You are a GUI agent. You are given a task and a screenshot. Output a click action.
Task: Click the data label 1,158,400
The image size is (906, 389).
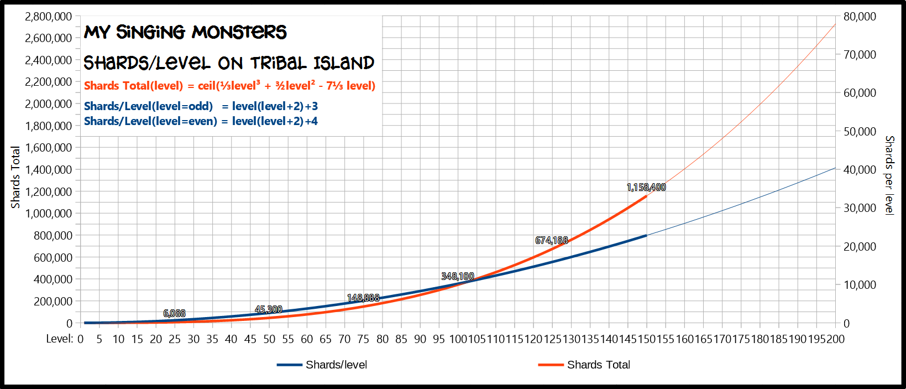tap(646, 188)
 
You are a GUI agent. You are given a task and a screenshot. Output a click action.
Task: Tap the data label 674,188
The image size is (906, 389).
tap(551, 241)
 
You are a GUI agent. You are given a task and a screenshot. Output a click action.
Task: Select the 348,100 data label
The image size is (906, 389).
tap(457, 277)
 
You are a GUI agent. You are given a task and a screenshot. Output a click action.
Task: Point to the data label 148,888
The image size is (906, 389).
tap(363, 298)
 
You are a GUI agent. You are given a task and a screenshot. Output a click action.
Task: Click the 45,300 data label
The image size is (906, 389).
tap(268, 310)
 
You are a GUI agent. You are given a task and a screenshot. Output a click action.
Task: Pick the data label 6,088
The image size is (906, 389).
tap(174, 314)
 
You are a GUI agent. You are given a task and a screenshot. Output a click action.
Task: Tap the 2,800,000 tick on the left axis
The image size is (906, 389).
tap(48, 17)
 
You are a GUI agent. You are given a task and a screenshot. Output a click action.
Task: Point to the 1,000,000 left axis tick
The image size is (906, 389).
tap(48, 214)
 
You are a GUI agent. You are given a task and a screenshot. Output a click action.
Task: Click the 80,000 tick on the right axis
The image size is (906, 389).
tap(860, 17)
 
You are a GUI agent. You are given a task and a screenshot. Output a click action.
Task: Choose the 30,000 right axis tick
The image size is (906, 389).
tap(860, 208)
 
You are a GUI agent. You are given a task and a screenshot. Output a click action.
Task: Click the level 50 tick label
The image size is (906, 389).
tap(269, 339)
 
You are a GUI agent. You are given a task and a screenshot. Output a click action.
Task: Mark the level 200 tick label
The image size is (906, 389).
tap(835, 339)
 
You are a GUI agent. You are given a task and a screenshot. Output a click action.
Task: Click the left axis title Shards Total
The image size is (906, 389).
tap(15, 177)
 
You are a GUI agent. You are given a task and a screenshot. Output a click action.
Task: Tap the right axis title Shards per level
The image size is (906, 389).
tap(889, 175)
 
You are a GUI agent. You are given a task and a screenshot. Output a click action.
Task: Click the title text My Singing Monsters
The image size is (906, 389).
tap(185, 32)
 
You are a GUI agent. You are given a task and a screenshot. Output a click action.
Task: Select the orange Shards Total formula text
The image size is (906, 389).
tap(229, 86)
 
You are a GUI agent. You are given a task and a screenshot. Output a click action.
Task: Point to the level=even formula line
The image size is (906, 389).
tap(201, 121)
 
